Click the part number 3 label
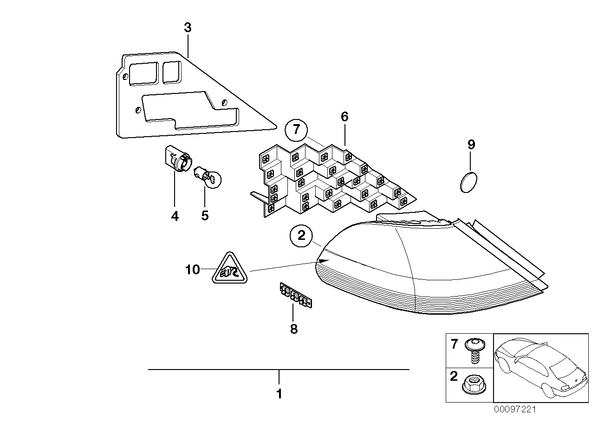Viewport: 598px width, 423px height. point(188,28)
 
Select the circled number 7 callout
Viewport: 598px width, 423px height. point(297,130)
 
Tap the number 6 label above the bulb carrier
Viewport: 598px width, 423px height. point(345,117)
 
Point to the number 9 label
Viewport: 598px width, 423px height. point(471,145)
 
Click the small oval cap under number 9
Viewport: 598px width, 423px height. point(468,182)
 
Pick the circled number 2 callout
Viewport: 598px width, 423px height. point(302,235)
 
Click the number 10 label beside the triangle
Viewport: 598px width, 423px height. point(193,270)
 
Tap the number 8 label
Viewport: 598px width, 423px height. point(294,329)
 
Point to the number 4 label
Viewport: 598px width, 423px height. point(175,217)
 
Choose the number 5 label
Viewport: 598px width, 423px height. point(205,216)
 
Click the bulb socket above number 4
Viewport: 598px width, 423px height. point(176,160)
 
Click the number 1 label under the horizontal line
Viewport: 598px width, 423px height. point(279,394)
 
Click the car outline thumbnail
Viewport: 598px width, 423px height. point(541,368)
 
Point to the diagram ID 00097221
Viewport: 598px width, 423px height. point(515,410)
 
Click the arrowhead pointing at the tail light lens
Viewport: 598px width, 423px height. point(323,261)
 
